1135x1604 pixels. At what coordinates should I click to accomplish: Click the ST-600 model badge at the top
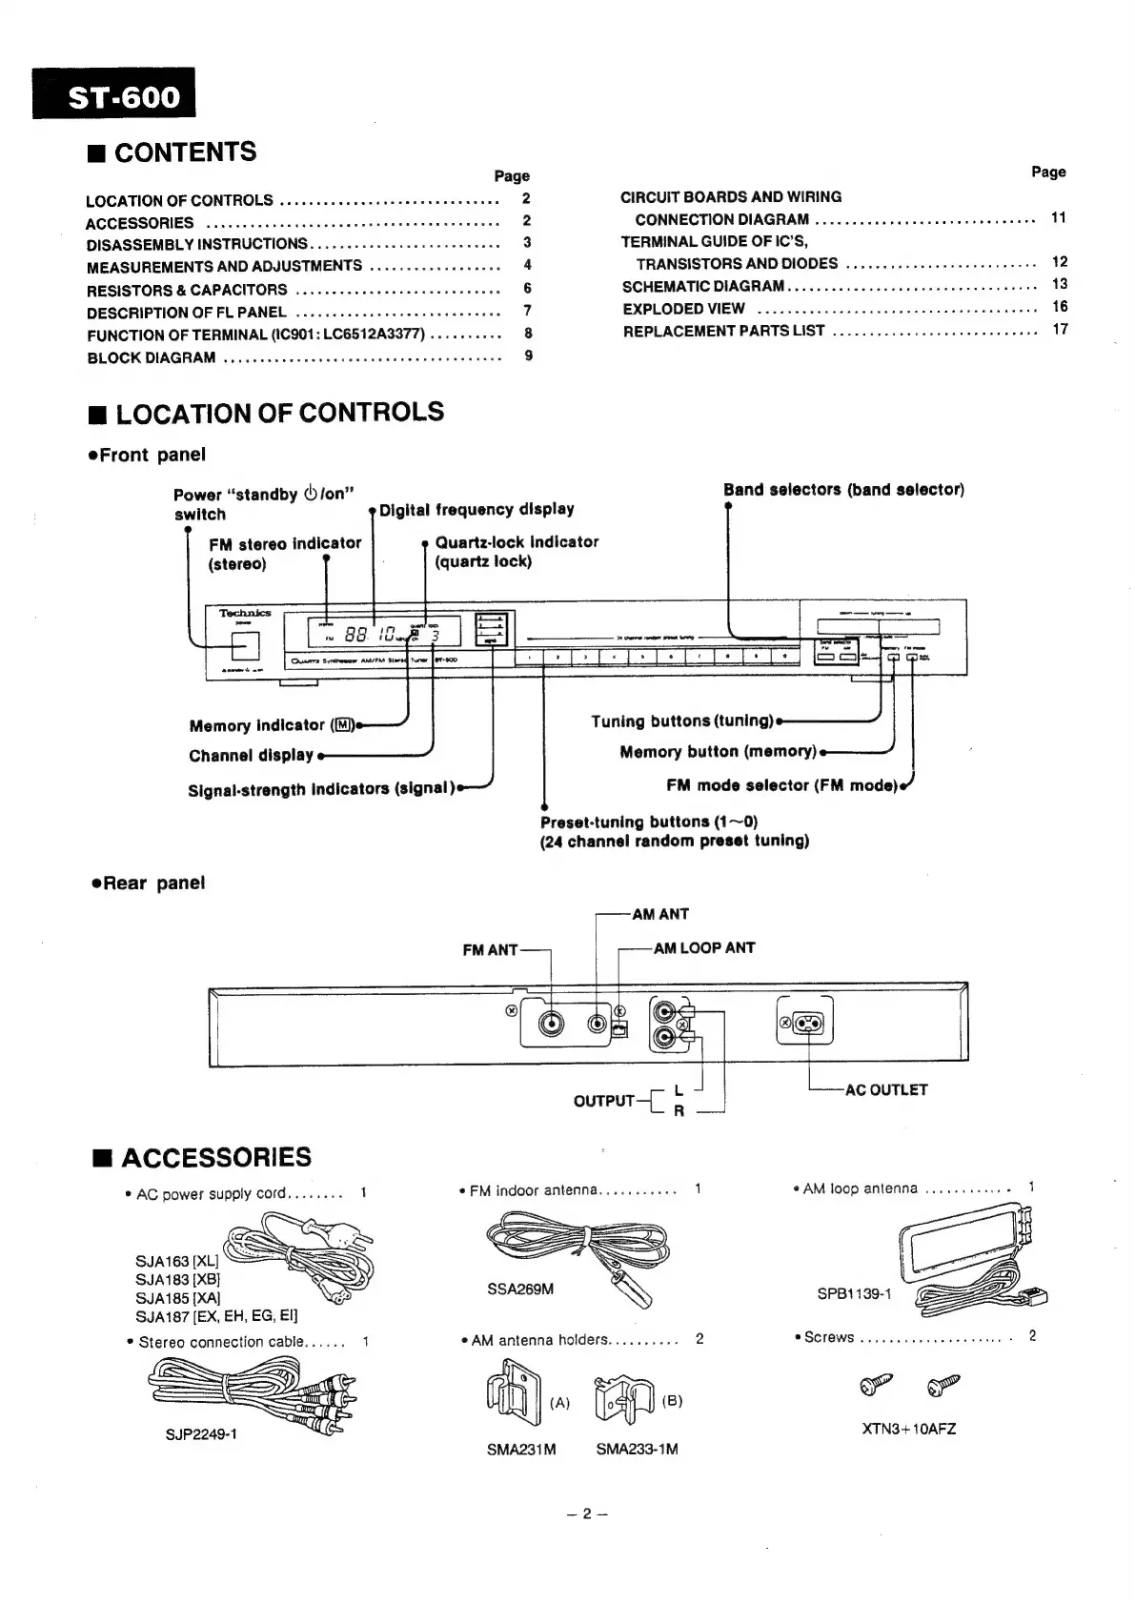pyautogui.click(x=113, y=94)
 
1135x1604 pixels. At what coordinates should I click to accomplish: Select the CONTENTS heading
pyautogui.click(x=185, y=152)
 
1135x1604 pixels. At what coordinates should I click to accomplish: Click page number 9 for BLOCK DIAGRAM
pyautogui.click(x=528, y=355)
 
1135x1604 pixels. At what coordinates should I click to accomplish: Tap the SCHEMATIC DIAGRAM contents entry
pyautogui.click(x=703, y=286)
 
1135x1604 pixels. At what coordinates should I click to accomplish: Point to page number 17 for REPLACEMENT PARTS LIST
pyautogui.click(x=1060, y=329)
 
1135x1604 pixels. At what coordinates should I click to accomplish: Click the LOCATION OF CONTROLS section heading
pyautogui.click(x=279, y=413)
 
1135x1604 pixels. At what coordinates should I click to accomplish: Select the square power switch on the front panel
pyautogui.click(x=246, y=646)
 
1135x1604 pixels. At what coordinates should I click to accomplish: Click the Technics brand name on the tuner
pyautogui.click(x=245, y=613)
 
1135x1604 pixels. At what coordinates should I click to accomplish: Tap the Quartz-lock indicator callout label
pyautogui.click(x=517, y=551)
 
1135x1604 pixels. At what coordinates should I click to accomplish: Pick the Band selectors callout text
pyautogui.click(x=843, y=490)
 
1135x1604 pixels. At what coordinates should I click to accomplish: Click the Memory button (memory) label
pyautogui.click(x=719, y=752)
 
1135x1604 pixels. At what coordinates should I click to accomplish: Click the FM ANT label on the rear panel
pyautogui.click(x=490, y=949)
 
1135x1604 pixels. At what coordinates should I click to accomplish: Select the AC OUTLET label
pyautogui.click(x=886, y=1089)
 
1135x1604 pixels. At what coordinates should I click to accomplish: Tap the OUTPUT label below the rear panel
pyautogui.click(x=603, y=1101)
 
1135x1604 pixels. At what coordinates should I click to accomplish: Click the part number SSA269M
pyautogui.click(x=520, y=1289)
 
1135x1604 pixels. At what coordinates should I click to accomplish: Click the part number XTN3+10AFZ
pyautogui.click(x=908, y=1429)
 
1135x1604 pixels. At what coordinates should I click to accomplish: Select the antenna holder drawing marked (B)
pyautogui.click(x=622, y=1399)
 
